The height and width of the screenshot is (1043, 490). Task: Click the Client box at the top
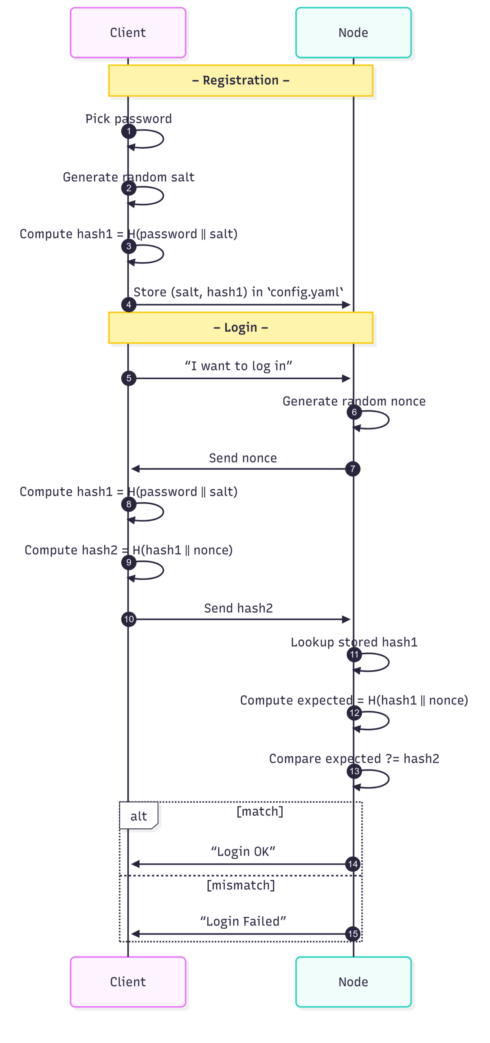click(x=128, y=33)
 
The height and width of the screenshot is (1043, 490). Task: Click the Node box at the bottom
click(x=353, y=981)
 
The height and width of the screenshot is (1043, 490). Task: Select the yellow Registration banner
click(x=240, y=81)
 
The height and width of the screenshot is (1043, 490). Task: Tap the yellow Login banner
click(x=240, y=328)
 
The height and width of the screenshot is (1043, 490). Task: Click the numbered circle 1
click(x=129, y=131)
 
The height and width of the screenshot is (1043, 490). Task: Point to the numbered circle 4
click(x=129, y=304)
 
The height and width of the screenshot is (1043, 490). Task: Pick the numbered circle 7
click(x=353, y=469)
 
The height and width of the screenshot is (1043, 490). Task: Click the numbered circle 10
click(x=129, y=619)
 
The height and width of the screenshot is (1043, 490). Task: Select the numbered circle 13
click(x=354, y=771)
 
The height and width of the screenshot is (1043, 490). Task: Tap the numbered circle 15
click(x=353, y=934)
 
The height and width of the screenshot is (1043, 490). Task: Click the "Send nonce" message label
click(x=243, y=458)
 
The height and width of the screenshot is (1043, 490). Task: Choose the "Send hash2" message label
click(x=238, y=608)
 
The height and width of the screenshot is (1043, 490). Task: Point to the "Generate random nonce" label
click(x=354, y=401)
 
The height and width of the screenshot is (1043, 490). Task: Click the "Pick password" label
click(x=128, y=119)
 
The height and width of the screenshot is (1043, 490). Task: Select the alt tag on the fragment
click(x=138, y=816)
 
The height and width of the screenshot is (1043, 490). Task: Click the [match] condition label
click(x=260, y=811)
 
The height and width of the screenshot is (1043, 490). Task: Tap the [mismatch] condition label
click(x=241, y=885)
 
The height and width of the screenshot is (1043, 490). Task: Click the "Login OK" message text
click(x=243, y=852)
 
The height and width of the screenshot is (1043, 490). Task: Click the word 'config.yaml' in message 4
click(x=305, y=292)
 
